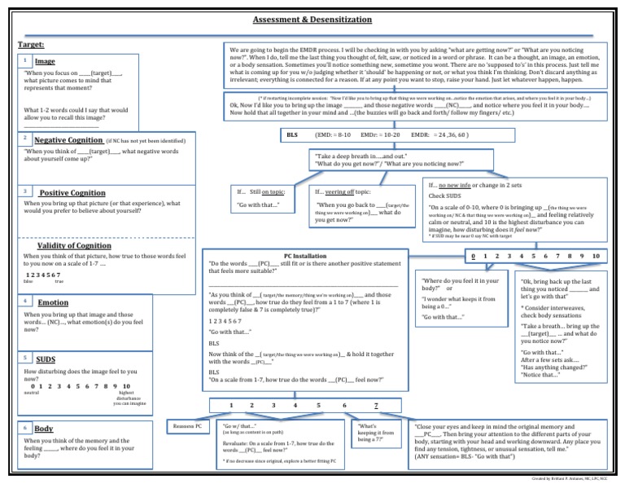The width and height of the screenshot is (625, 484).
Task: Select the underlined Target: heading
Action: click(30, 45)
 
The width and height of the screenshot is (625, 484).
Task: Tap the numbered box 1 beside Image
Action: click(27, 61)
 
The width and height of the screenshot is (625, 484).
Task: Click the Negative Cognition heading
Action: click(68, 139)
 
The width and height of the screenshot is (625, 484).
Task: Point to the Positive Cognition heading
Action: click(72, 192)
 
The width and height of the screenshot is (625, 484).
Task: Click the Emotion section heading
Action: click(54, 302)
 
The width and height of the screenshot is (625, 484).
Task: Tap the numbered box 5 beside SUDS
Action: click(27, 358)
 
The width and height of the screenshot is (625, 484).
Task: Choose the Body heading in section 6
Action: click(44, 428)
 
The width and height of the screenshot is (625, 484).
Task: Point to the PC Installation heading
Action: click(306, 255)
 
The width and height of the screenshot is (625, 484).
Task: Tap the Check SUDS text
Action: click(448, 196)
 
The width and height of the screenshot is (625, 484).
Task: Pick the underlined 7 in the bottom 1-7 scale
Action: click(375, 405)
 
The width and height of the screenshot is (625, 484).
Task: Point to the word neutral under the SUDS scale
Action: click(32, 393)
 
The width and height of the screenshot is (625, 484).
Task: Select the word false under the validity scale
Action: click(28, 281)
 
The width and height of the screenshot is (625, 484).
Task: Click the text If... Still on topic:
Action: click(258, 192)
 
